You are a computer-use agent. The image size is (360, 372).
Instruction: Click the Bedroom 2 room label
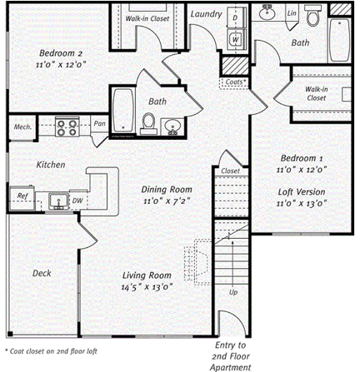[x=61, y=52]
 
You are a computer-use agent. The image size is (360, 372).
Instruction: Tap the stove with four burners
[x=67, y=126]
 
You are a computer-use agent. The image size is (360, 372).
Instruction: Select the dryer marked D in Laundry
[x=236, y=17]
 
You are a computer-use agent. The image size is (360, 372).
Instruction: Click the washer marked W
[x=236, y=40]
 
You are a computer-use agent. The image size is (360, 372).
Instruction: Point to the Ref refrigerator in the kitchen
[x=22, y=197]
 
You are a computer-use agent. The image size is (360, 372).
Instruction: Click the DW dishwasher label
[x=77, y=201]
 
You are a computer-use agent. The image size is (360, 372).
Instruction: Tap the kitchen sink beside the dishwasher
[x=59, y=201]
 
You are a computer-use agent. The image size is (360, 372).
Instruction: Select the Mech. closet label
[x=22, y=127]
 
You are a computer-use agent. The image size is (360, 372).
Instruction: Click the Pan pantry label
[x=99, y=123]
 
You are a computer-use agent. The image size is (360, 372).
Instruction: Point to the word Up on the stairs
[x=233, y=292]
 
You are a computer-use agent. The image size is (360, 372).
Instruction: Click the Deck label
[x=42, y=273]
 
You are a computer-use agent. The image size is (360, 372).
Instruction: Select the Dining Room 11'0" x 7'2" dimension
[x=167, y=201]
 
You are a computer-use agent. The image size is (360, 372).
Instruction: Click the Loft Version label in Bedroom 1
[x=302, y=192]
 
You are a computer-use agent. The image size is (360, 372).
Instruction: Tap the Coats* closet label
[x=236, y=82]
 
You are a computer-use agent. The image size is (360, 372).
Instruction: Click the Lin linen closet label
[x=292, y=13]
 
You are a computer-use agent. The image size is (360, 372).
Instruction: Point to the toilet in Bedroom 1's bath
[x=313, y=16]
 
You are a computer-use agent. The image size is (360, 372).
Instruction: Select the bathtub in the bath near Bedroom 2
[x=123, y=110]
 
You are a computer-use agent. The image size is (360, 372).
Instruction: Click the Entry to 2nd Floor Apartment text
[x=230, y=356]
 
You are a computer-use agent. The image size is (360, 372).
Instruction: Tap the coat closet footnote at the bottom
[x=51, y=351]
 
